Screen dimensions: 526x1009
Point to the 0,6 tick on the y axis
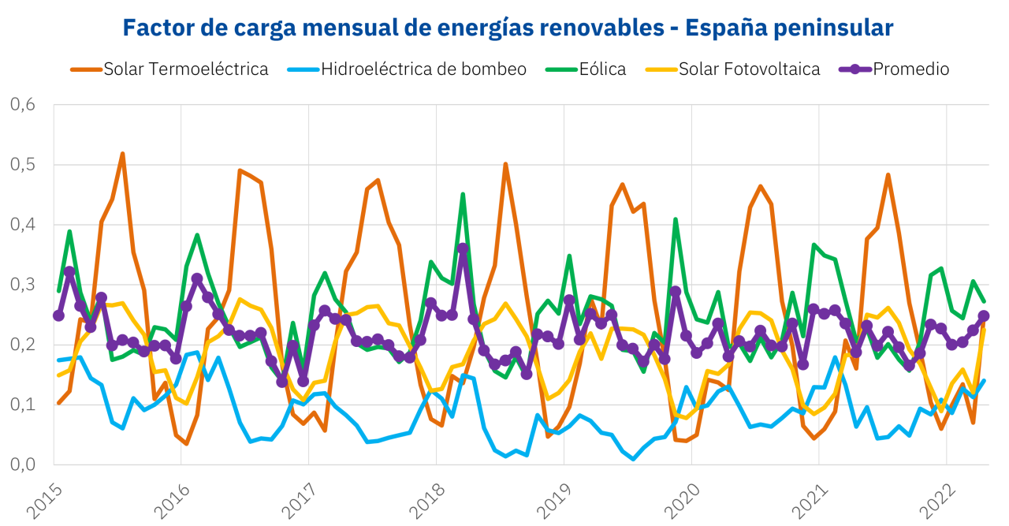point(24,105)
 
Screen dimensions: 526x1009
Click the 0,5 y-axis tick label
point(24,165)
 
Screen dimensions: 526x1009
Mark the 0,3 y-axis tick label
point(24,285)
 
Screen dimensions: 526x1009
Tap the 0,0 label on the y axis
point(24,464)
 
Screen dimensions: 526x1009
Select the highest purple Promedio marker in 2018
point(463,248)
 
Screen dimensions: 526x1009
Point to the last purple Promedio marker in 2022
point(984,316)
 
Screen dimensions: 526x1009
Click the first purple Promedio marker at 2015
point(58,315)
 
